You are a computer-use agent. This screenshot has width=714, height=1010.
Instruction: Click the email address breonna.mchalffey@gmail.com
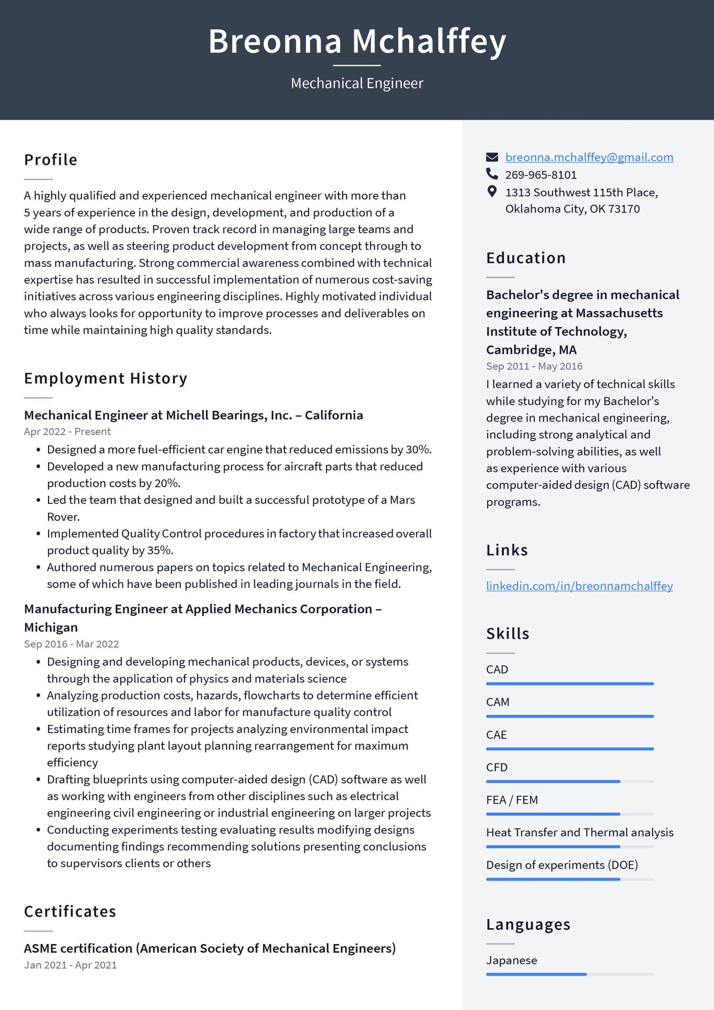click(x=589, y=157)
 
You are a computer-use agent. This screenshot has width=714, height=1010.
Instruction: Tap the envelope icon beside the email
click(x=492, y=157)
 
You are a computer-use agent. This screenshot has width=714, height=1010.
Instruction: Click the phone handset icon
click(x=492, y=174)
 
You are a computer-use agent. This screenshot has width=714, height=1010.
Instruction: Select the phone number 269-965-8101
click(x=541, y=175)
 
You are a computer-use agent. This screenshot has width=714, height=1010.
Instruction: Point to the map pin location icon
click(x=492, y=191)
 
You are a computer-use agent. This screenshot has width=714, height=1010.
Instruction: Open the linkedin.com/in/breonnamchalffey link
click(x=579, y=586)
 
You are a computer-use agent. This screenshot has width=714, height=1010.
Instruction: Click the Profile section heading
click(x=50, y=160)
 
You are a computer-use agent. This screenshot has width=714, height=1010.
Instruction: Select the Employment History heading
click(x=106, y=378)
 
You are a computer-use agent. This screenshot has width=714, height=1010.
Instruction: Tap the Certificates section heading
click(x=70, y=911)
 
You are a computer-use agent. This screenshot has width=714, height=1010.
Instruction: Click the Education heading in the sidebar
click(x=526, y=258)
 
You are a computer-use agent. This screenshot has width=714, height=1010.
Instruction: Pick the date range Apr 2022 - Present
click(x=67, y=432)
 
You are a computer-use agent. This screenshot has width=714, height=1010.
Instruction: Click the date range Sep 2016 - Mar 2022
click(x=71, y=644)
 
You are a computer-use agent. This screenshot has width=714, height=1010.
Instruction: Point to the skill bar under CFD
click(x=569, y=782)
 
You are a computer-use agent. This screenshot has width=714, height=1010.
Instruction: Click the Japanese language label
click(x=511, y=960)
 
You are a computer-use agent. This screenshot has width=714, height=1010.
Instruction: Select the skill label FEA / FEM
click(x=512, y=800)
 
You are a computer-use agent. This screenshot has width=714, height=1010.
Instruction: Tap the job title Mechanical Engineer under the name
click(x=356, y=83)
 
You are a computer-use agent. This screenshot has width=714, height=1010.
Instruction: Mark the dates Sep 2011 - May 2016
click(x=534, y=366)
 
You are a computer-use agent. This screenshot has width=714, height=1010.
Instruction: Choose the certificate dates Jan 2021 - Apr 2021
click(x=70, y=965)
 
